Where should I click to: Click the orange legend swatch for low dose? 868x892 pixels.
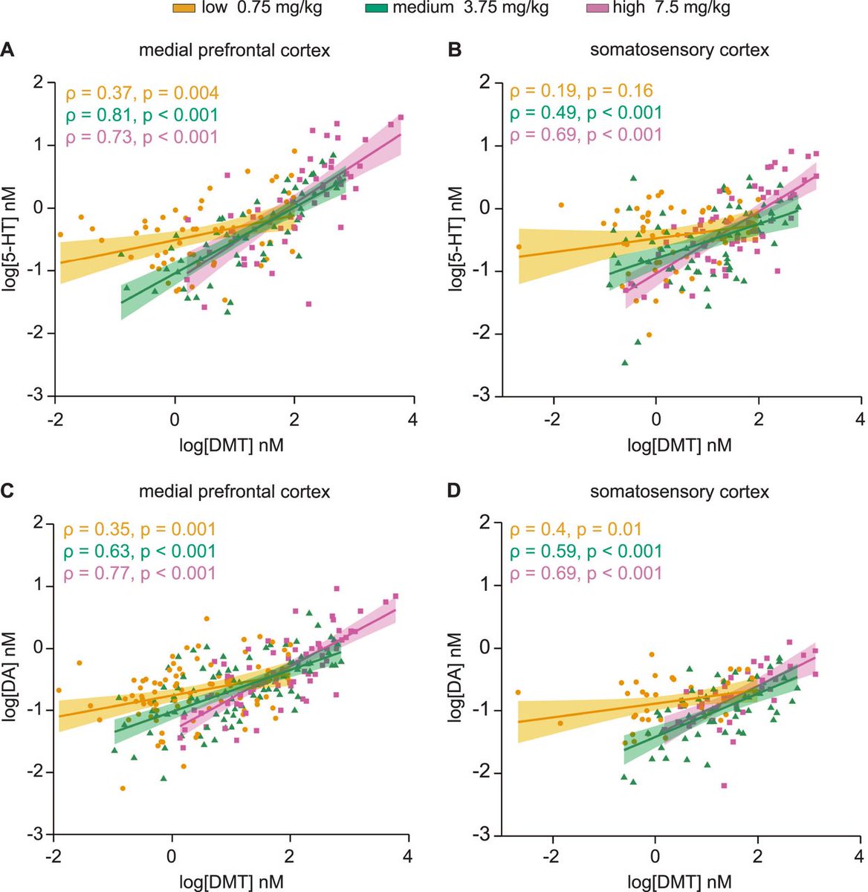tap(183, 8)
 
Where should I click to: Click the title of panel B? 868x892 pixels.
tap(678, 51)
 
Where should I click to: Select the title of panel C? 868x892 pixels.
tap(235, 491)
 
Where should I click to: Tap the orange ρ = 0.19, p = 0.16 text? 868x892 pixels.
tap(581, 91)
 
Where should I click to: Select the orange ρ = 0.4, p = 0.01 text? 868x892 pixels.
tap(576, 530)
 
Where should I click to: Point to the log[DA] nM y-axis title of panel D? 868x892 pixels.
tap(456, 678)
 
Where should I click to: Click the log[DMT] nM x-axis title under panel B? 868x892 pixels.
tap(679, 445)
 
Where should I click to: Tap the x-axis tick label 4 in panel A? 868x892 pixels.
tap(413, 419)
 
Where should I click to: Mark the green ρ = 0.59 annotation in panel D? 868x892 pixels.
tap(585, 552)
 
